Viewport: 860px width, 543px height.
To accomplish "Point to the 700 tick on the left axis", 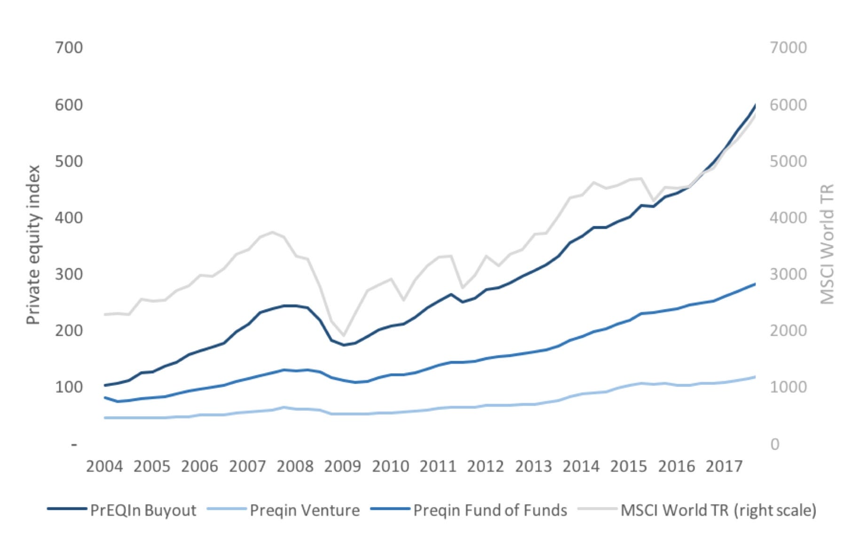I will click(x=69, y=48).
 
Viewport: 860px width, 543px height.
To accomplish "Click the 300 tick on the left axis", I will click(x=69, y=274).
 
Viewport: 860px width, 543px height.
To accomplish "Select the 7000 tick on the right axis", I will click(x=788, y=48).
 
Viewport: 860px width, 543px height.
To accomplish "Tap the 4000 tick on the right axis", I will click(x=788, y=217).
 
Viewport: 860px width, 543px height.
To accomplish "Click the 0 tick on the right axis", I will click(x=775, y=444).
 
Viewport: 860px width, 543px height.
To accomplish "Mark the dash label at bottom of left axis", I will click(x=74, y=444).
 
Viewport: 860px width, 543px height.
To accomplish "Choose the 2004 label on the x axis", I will click(x=104, y=466).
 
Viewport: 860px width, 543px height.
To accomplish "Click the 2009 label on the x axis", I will click(x=342, y=466).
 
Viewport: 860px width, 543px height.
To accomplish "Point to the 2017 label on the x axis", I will click(x=724, y=466).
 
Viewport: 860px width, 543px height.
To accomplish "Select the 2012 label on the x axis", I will click(x=485, y=466).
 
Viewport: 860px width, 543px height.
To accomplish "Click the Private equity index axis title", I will click(x=33, y=245).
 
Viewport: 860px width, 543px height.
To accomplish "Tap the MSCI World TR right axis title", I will click(x=827, y=244).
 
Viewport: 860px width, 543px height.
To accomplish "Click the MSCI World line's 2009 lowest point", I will click(x=344, y=336).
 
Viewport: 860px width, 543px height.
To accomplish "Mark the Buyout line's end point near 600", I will click(x=755, y=105).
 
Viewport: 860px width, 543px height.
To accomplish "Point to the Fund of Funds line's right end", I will click(x=755, y=284).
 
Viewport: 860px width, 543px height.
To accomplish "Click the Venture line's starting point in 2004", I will click(x=105, y=417).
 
